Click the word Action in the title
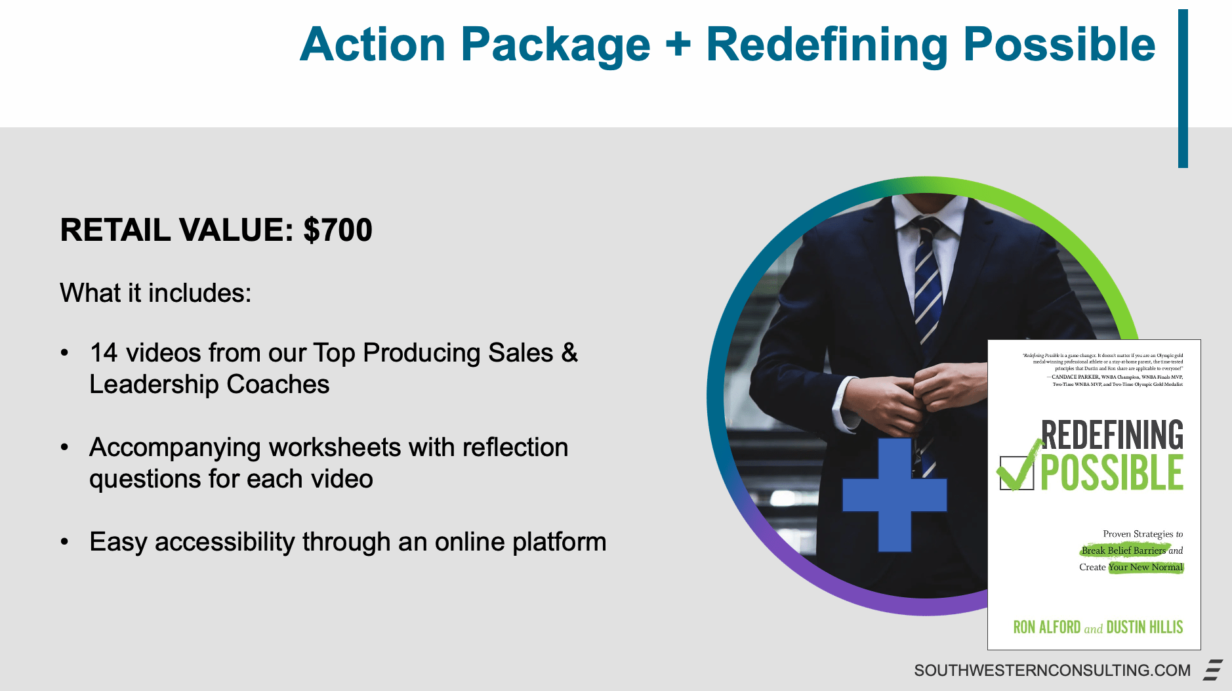click(x=373, y=45)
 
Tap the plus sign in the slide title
click(x=678, y=45)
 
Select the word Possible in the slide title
click(x=1059, y=45)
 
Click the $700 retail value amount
click(x=338, y=230)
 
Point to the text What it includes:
click(x=155, y=293)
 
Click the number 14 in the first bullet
click(x=104, y=353)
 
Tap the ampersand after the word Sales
click(x=569, y=353)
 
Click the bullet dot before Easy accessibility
click(x=64, y=542)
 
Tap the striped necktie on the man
click(x=929, y=282)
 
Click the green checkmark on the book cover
click(x=1018, y=468)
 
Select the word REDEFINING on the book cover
click(x=1112, y=434)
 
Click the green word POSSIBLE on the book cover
click(x=1112, y=472)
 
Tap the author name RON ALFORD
click(x=1046, y=627)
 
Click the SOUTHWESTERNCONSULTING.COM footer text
click(x=1052, y=670)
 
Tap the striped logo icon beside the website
click(x=1213, y=670)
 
